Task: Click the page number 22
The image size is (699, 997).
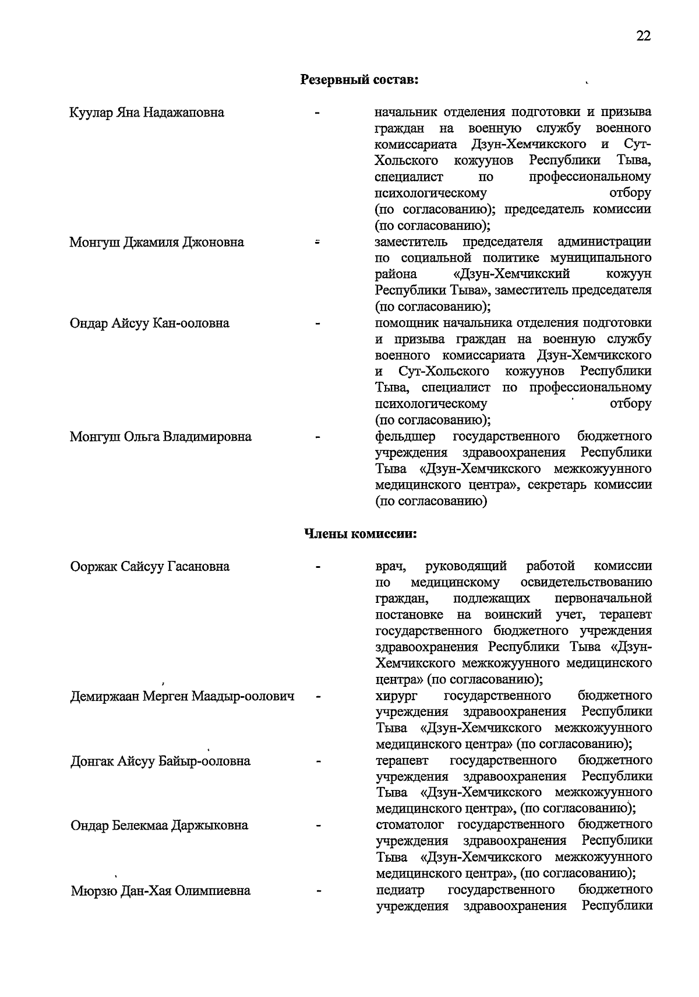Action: [643, 36]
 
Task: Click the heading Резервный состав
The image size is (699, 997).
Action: [359, 79]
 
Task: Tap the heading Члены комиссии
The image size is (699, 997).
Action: [361, 533]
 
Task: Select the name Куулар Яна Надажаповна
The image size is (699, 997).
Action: [147, 112]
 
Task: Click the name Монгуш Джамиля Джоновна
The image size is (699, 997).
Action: [157, 242]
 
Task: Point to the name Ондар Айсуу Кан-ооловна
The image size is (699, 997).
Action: [150, 323]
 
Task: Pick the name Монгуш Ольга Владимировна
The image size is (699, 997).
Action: [161, 437]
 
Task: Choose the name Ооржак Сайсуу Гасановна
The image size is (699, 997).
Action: [150, 566]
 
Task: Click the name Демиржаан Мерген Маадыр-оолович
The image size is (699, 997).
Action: [182, 696]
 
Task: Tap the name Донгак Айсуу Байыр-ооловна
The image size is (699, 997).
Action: [161, 761]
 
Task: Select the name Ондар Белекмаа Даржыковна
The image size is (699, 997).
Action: [160, 826]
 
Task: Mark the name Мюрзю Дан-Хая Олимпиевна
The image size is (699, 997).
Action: [161, 891]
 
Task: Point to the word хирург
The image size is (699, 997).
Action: [394, 696]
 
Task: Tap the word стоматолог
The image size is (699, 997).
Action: [410, 825]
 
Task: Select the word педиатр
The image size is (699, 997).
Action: [400, 890]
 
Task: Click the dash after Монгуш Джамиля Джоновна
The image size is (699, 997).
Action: [318, 241]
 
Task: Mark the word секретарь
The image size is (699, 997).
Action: [558, 485]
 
